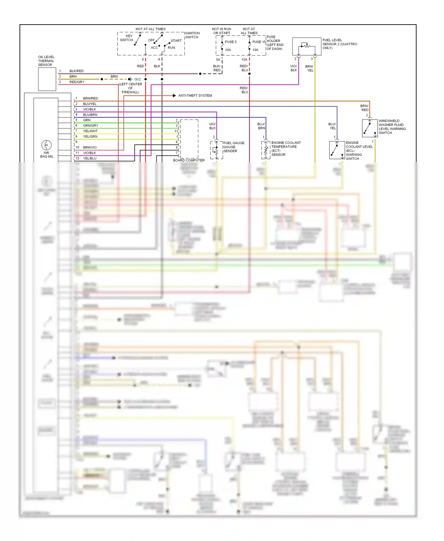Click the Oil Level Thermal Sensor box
pos(47,79)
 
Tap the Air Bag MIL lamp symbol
pos(46,145)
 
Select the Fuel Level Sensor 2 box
pos(307,46)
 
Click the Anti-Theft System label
pos(195,96)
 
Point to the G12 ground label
pos(137,79)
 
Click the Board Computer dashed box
pos(189,139)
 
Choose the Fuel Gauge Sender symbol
pos(216,150)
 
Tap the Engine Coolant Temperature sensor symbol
pos(266,150)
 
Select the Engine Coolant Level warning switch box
pos(337,150)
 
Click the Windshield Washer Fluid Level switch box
pos(370,128)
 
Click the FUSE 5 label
pos(231,42)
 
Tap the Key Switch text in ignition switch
pos(127,38)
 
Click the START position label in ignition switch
pos(176,41)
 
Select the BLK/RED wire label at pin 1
pos(76,71)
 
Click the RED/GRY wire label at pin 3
pos(77,82)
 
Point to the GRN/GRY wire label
pos(91,125)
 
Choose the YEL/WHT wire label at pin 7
pos(90,131)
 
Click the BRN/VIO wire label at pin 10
pos(90,147)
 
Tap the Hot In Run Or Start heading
pos(221,31)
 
